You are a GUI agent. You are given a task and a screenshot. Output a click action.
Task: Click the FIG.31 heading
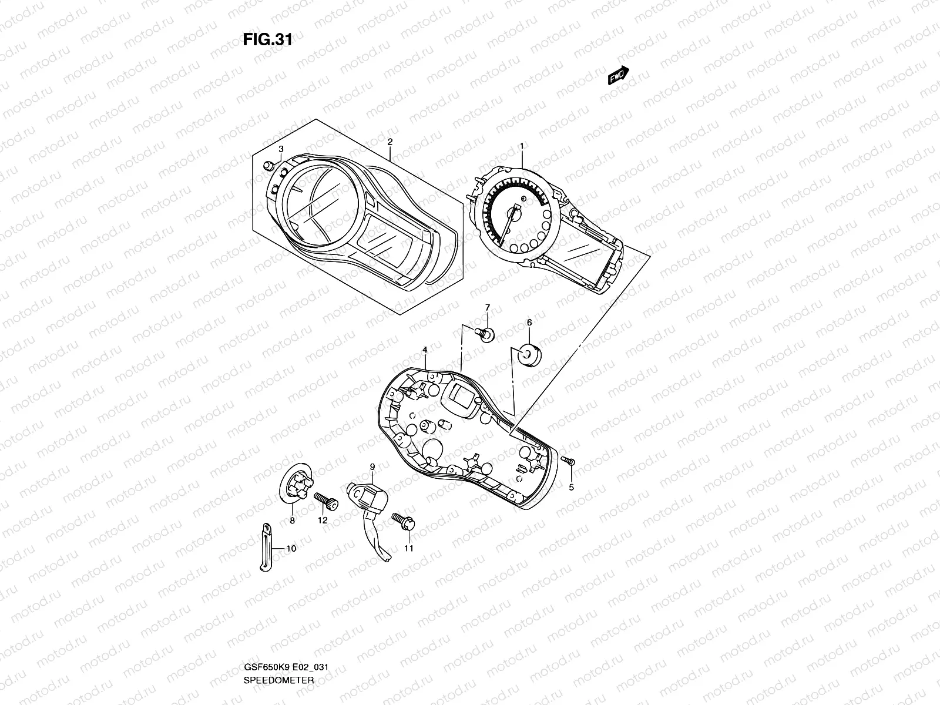[x=267, y=41]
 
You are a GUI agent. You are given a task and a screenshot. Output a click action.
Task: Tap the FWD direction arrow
[x=617, y=76]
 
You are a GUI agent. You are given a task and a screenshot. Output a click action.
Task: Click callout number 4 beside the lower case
[x=424, y=350]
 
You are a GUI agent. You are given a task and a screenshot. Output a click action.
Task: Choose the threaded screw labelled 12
[x=327, y=501]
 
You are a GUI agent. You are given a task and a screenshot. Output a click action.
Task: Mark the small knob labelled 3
[x=270, y=166]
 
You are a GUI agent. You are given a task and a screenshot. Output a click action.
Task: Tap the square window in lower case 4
[x=460, y=397]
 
